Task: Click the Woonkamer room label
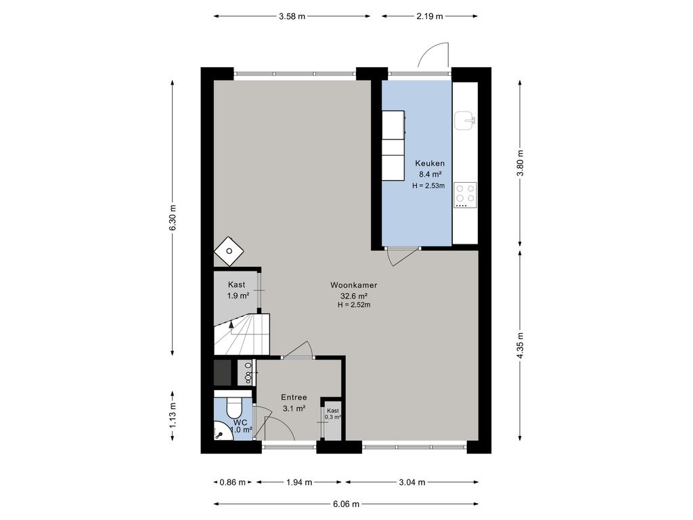353,285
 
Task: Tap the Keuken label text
430,163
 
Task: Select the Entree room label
294,397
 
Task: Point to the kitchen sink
466,120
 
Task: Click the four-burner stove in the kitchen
466,195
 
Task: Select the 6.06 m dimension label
346,504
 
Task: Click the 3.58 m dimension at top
292,16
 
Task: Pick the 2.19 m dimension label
430,16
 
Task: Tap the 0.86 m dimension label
233,482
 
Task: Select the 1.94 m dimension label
299,482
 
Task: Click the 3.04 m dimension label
412,482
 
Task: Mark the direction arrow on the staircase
231,324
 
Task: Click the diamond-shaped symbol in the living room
229,251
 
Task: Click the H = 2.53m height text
428,186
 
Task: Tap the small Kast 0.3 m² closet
333,420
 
